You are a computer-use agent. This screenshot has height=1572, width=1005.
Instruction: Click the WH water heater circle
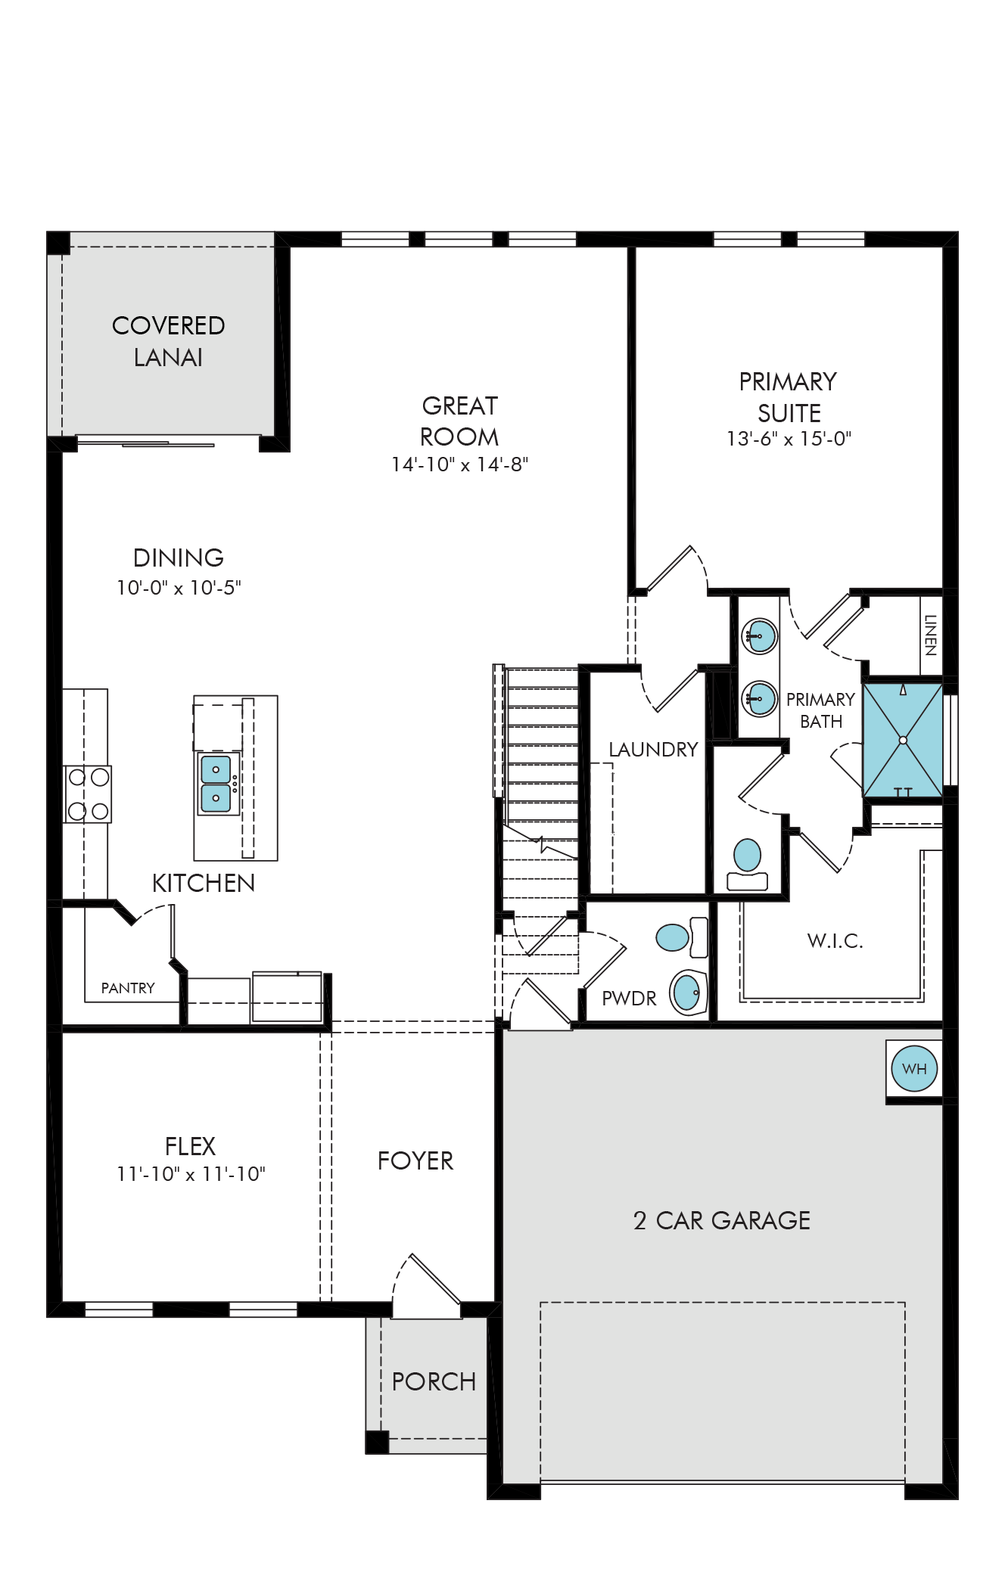(914, 1068)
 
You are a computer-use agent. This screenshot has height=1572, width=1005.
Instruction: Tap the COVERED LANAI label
(168, 341)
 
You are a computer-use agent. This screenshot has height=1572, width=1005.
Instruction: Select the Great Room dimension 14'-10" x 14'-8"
(459, 464)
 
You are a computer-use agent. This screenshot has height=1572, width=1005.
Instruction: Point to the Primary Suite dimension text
(789, 439)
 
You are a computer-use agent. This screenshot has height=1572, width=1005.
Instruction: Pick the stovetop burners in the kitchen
(88, 794)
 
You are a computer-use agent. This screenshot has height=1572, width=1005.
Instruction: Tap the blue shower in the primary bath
(903, 740)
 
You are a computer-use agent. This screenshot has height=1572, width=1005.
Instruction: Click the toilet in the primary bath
(747, 865)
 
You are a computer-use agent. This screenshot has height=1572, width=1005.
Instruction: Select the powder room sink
(688, 992)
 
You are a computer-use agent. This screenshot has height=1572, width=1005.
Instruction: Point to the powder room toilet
(681, 937)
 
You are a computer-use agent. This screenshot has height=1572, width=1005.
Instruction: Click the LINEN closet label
(931, 635)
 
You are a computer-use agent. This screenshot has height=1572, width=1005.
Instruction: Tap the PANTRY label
(128, 988)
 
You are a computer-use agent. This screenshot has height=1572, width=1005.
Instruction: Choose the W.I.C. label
(835, 940)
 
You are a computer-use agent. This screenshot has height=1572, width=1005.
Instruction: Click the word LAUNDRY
(653, 749)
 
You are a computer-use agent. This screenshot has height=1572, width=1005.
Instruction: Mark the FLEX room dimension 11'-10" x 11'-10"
(191, 1173)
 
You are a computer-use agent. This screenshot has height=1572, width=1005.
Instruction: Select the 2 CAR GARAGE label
(722, 1220)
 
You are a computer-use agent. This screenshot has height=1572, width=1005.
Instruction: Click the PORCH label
(434, 1381)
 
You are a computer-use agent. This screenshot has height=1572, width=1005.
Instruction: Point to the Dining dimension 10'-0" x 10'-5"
(179, 587)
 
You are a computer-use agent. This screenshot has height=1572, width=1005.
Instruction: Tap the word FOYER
(415, 1160)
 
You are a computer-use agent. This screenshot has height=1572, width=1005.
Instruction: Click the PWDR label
(629, 998)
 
